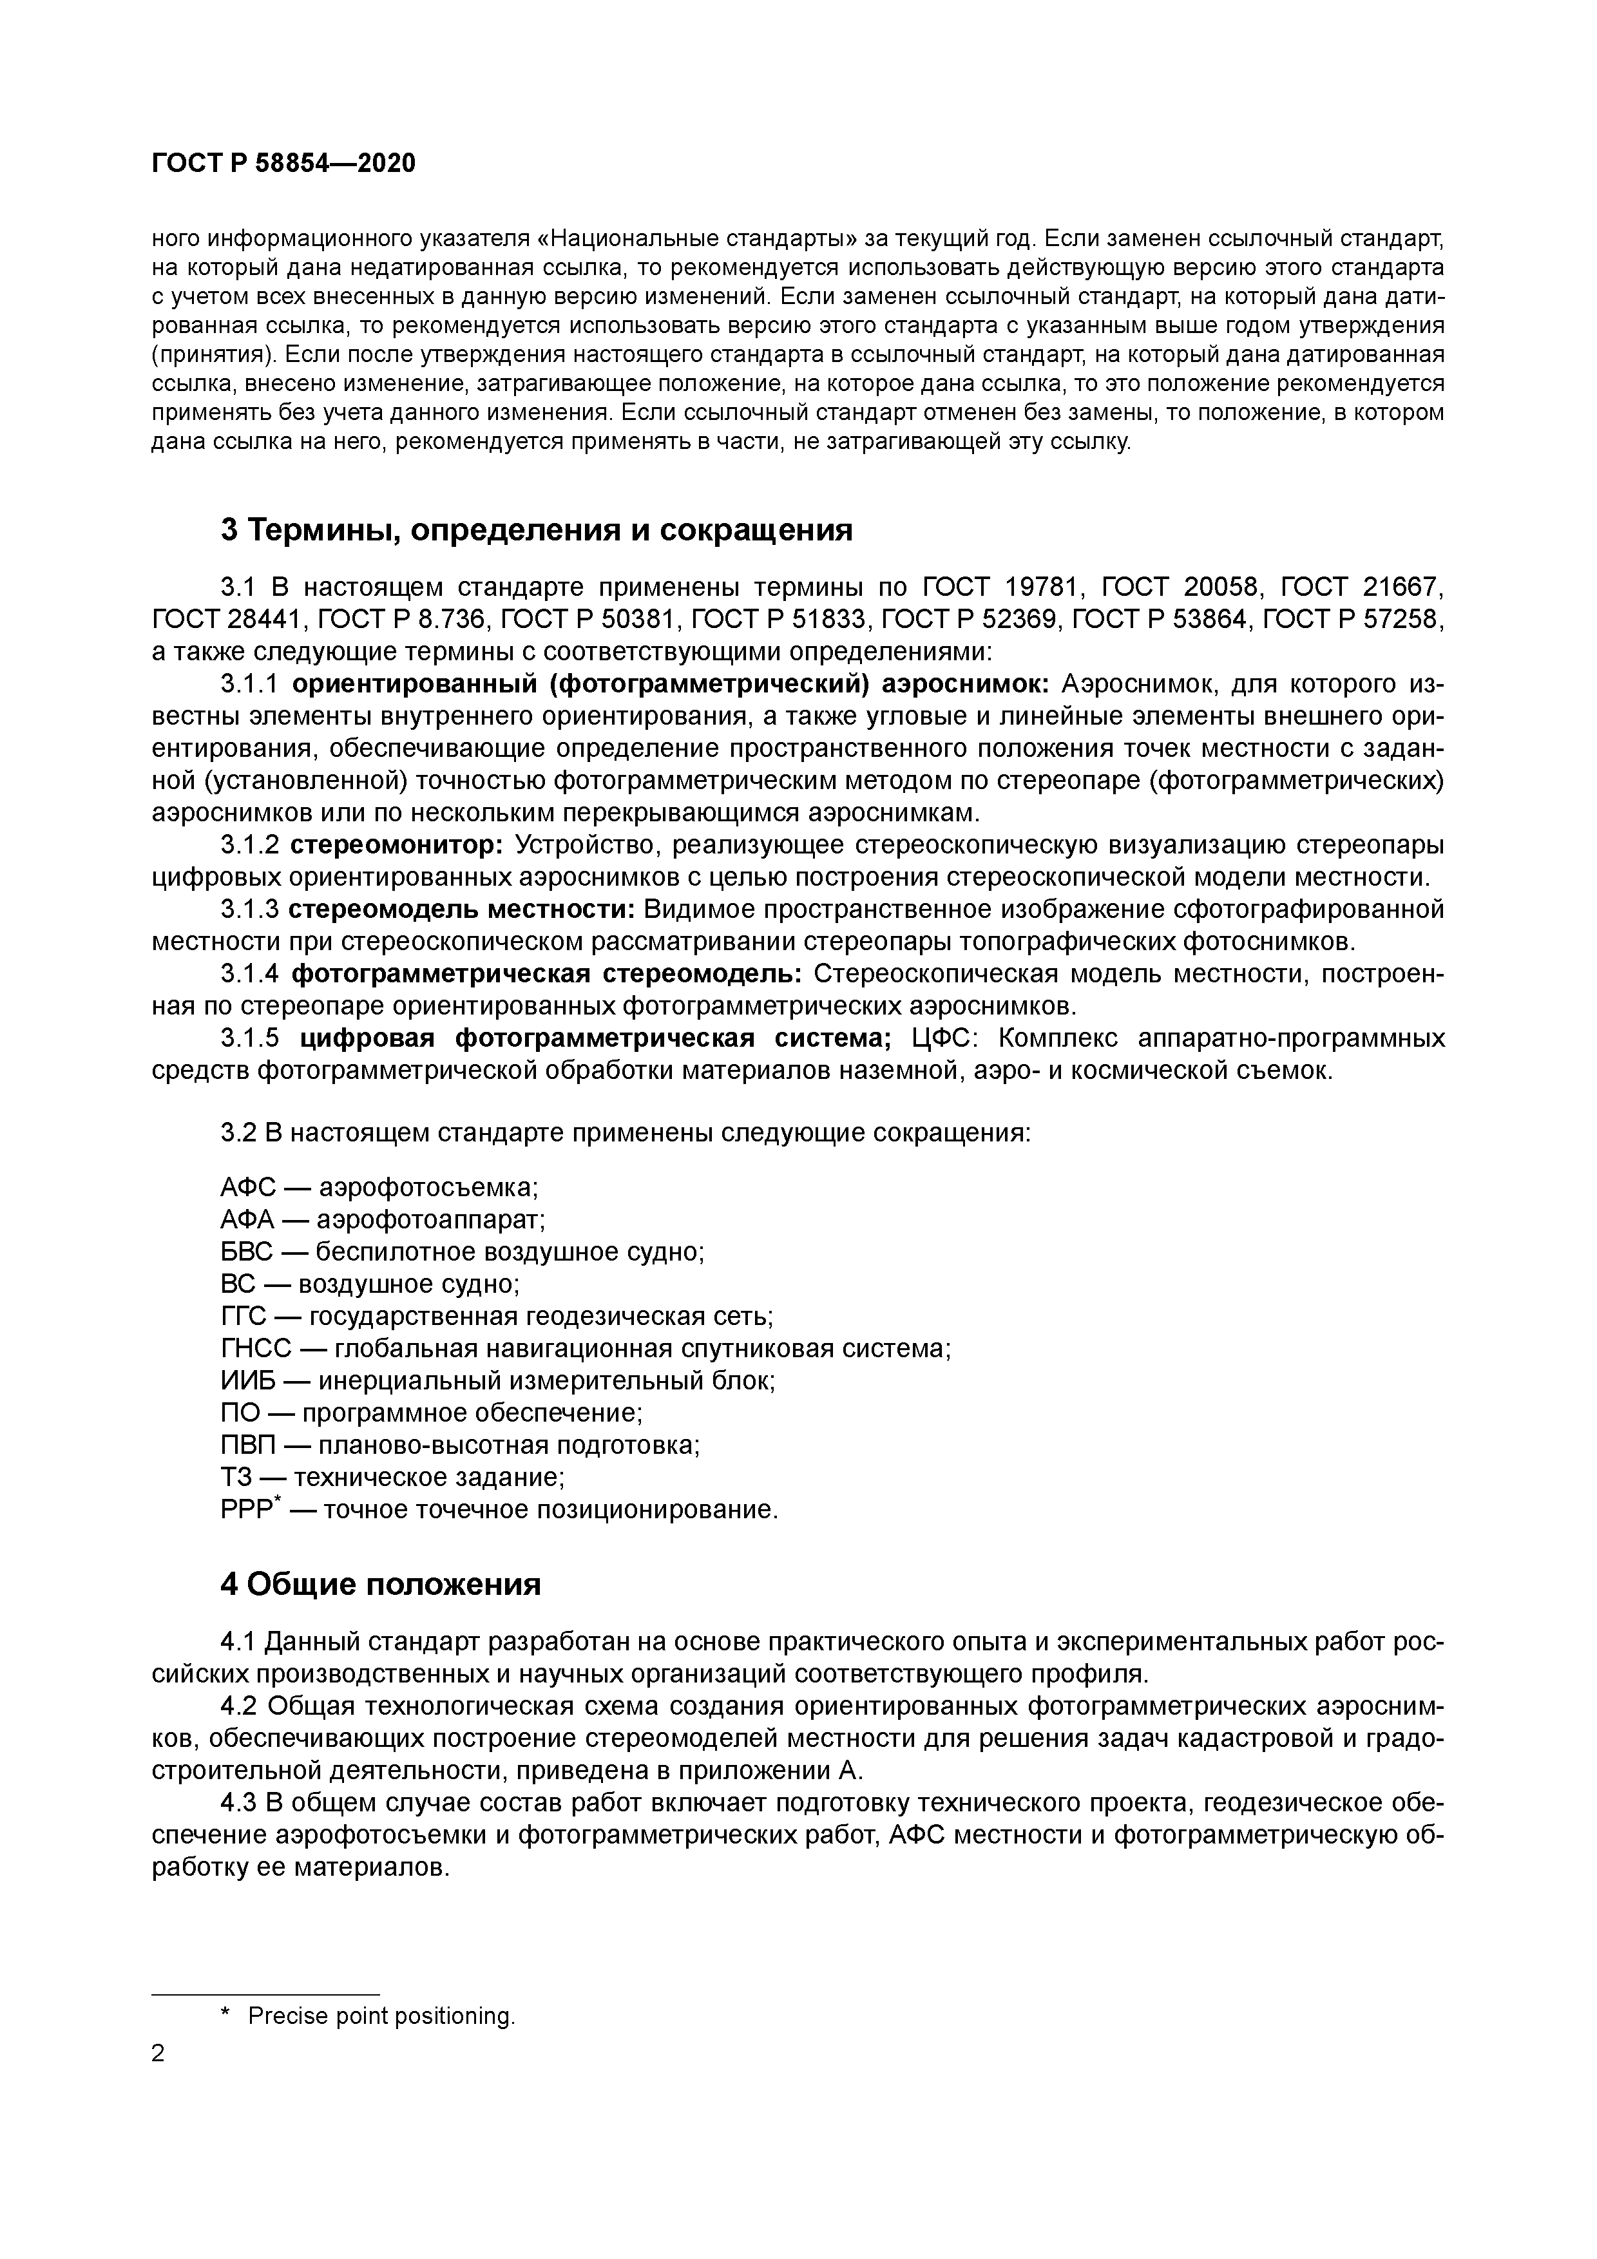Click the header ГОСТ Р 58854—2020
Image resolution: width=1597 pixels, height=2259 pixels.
(x=283, y=164)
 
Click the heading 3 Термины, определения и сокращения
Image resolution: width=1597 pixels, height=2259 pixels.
(x=536, y=530)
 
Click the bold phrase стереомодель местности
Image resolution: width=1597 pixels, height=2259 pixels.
(x=461, y=909)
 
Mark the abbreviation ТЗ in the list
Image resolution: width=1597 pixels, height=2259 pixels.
(x=236, y=1477)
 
